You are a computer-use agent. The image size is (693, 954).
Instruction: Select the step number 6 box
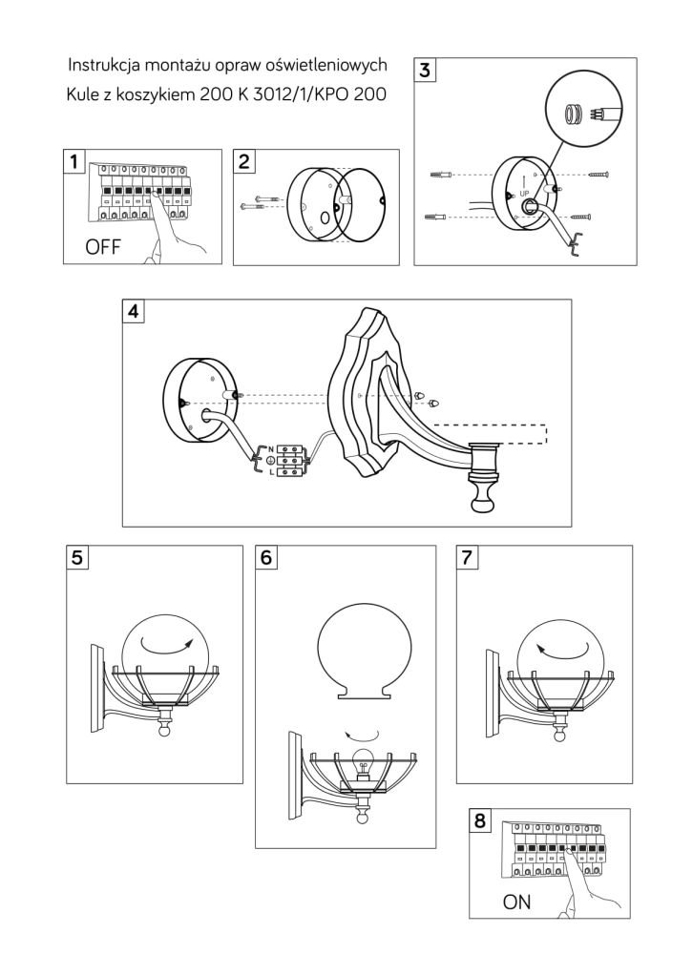267,558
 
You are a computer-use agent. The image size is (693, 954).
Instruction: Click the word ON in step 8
517,902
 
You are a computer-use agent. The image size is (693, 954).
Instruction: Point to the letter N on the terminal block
270,448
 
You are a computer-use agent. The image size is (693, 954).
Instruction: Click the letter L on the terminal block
270,470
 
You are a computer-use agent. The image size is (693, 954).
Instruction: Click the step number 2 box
246,161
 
